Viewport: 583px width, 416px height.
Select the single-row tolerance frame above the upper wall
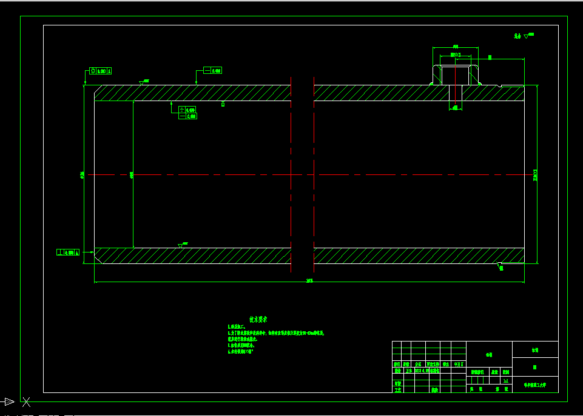click(x=213, y=71)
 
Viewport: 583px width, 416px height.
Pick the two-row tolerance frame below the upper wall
click(x=187, y=113)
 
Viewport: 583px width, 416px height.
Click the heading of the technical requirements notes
click(x=258, y=319)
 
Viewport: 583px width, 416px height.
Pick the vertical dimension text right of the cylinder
click(x=535, y=175)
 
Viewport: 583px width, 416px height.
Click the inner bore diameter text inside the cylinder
click(x=132, y=175)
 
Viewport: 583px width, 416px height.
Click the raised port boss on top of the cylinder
click(x=456, y=74)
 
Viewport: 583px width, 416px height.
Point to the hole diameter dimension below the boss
click(x=454, y=108)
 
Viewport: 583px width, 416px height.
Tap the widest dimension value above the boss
click(x=456, y=46)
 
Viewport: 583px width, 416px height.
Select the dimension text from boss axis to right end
click(x=490, y=58)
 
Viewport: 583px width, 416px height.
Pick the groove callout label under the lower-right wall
click(x=501, y=267)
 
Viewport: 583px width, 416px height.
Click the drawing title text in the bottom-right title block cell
click(x=535, y=385)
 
